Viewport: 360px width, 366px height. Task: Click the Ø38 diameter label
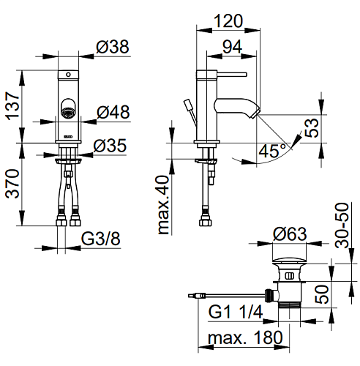[x=113, y=47]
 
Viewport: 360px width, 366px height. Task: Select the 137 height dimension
[x=12, y=106]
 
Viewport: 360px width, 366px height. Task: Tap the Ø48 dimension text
[x=113, y=112]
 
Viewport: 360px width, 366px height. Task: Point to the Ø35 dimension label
[x=110, y=146]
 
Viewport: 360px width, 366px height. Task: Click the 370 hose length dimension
[x=12, y=184]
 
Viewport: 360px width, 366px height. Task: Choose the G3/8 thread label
[x=100, y=239]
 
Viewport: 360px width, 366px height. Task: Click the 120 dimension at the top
[x=228, y=20]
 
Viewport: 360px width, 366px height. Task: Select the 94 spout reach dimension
[x=232, y=47]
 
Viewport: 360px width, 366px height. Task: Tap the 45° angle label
[x=272, y=151]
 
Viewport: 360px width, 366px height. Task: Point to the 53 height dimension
[x=312, y=128]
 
